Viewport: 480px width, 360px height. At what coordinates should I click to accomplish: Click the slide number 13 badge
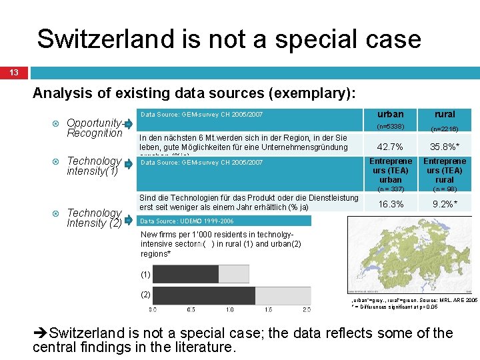coord(14,73)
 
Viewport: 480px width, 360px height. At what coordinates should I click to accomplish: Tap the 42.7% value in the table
coord(390,147)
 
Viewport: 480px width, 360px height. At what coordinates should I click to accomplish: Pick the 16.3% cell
coord(390,205)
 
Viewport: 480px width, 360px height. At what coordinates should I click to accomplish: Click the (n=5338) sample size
coord(390,127)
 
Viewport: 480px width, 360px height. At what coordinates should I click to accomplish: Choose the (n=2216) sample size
coord(445,129)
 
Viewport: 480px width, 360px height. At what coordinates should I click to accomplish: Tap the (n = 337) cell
coord(390,190)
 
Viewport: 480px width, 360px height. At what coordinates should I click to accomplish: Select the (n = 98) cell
coord(445,190)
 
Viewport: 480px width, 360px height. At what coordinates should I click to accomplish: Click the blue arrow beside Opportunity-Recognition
coord(128,123)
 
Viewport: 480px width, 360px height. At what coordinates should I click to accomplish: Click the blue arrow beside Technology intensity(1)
coord(128,163)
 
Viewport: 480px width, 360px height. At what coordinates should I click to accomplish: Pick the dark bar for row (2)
coord(204,295)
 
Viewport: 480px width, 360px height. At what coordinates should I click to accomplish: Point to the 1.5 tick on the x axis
coord(268,310)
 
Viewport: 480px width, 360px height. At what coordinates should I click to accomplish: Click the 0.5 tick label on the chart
coord(191,310)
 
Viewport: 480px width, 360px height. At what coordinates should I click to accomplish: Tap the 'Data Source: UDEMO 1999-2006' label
coord(187,221)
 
